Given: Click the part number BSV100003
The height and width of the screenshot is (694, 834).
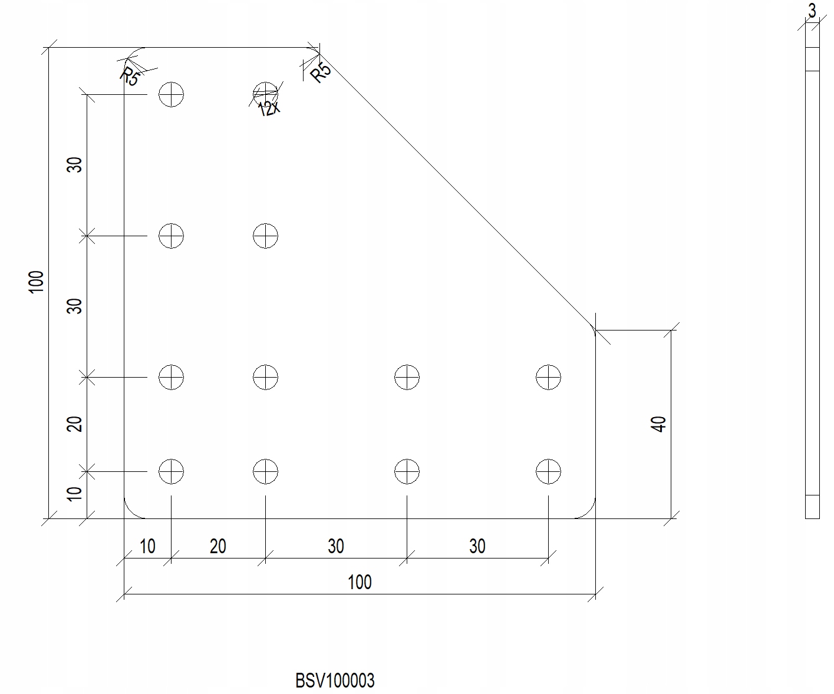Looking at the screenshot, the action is [335, 680].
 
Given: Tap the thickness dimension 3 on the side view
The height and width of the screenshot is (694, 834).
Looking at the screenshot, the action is [812, 11].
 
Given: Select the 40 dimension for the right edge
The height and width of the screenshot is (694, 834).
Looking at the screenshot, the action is [658, 424].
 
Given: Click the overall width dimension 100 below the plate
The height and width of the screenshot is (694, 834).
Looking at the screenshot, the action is [360, 582].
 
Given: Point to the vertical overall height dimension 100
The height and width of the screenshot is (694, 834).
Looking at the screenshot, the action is [37, 282].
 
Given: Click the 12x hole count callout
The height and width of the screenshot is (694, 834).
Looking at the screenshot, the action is [269, 108].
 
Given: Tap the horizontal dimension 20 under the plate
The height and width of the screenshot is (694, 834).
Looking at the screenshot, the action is [218, 546].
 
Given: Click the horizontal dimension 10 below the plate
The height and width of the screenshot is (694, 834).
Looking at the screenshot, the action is [147, 546].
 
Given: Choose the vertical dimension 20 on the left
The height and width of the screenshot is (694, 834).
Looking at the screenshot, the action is [74, 424].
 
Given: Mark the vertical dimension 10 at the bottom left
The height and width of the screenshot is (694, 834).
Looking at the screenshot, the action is [74, 494].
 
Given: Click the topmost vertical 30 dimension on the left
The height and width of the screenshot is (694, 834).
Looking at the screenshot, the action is [74, 164].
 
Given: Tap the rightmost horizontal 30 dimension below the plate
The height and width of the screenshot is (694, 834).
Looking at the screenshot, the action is [477, 546].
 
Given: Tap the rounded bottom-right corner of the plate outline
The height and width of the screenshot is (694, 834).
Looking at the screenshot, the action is [589, 512].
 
